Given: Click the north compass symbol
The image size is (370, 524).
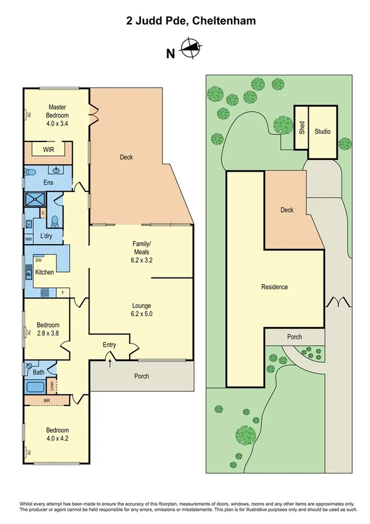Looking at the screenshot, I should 190,48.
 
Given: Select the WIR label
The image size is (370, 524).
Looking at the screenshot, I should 48,150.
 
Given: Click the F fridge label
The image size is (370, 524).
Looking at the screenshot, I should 64,292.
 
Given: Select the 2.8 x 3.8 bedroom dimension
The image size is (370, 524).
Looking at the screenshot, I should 48,332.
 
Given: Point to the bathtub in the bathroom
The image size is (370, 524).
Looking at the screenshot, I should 36,388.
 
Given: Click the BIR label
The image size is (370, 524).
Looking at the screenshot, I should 48,401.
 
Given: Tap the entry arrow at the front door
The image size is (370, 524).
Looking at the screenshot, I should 111,361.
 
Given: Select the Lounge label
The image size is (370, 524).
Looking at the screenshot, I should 141,305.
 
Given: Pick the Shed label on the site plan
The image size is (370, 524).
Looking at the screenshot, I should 301,128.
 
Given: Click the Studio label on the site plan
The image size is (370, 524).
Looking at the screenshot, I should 322,132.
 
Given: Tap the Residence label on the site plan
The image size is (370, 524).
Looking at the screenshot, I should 275,287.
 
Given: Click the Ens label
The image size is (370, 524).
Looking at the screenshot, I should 48,182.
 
